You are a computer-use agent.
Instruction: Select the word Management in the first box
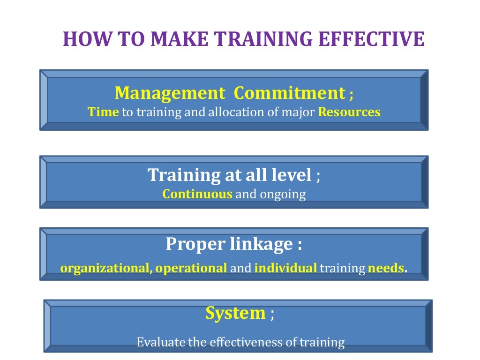pyautogui.click(x=170, y=93)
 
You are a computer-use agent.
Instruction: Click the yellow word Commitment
pyautogui.click(x=289, y=93)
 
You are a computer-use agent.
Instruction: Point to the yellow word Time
pyautogui.click(x=104, y=112)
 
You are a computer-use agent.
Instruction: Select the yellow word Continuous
pyautogui.click(x=197, y=194)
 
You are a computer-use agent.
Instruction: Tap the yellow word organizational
pyautogui.click(x=106, y=268)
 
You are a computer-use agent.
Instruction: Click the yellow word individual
pyautogui.click(x=285, y=268)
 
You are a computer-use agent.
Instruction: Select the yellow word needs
pyautogui.click(x=386, y=268)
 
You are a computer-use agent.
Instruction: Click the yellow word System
pyautogui.click(x=235, y=313)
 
